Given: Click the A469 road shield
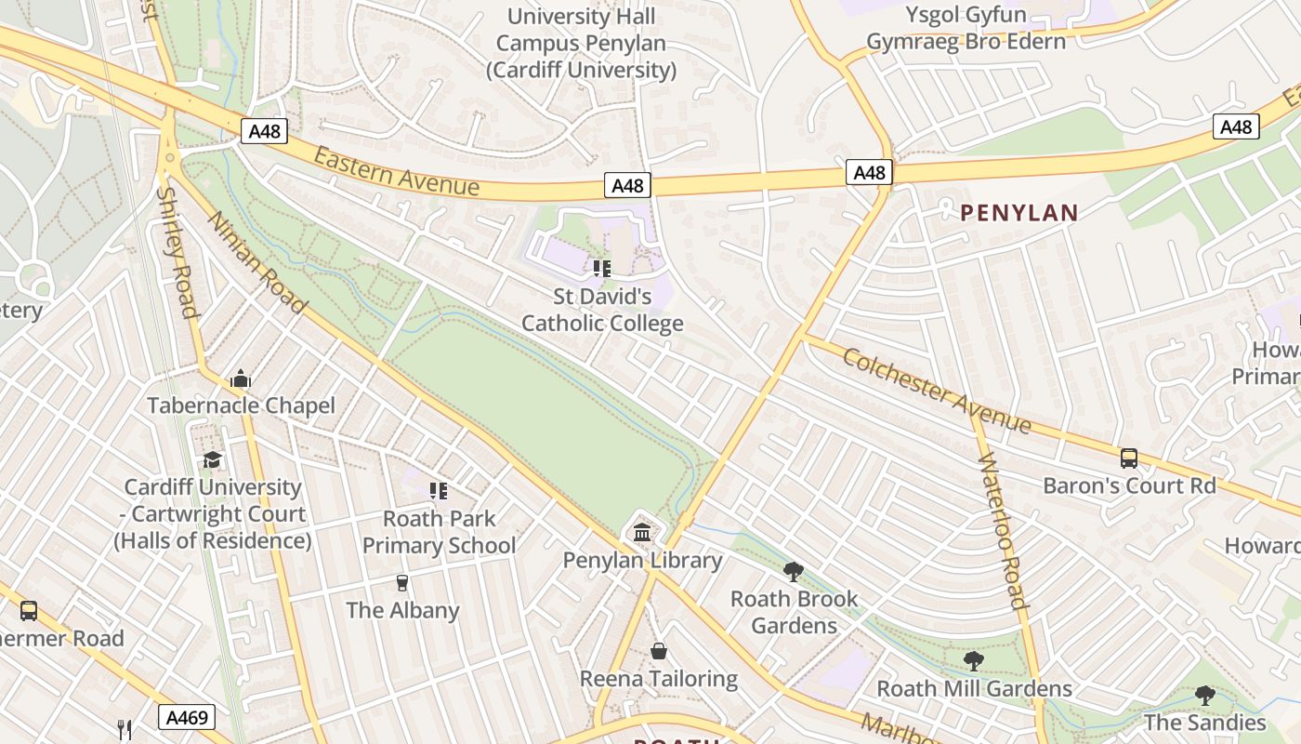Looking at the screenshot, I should tap(187, 717).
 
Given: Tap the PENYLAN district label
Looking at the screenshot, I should tap(1018, 213).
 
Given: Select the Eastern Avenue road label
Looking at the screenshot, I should tap(397, 172).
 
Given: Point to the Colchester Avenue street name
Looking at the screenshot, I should tap(936, 389).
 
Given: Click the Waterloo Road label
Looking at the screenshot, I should tap(1002, 529).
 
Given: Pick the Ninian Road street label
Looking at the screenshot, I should tap(256, 262).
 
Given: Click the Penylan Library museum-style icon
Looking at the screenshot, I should tap(642, 533).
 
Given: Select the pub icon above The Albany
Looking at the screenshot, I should tap(402, 583).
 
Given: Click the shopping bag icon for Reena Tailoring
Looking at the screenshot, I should tap(659, 651).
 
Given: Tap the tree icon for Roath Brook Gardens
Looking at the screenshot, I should tap(793, 571).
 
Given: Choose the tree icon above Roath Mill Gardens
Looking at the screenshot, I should tap(973, 661).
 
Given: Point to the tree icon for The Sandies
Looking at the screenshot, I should tap(1204, 695).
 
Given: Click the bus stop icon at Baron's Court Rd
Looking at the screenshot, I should tap(1128, 458).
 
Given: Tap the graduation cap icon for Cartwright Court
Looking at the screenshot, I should tap(213, 459).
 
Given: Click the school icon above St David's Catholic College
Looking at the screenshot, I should tap(601, 269).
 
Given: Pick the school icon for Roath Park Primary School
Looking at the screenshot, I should tap(438, 490).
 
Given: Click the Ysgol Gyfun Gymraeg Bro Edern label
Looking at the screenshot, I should tap(966, 28).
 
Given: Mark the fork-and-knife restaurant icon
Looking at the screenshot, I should tap(125, 729).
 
